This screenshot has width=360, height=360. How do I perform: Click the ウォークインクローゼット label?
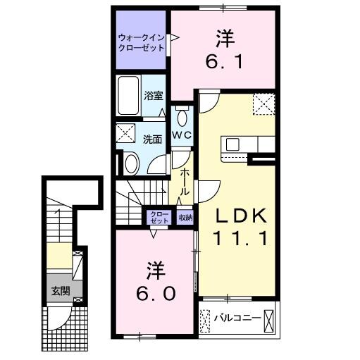141,42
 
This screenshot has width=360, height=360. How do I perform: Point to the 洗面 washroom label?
154,139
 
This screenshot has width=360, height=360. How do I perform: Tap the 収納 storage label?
185,218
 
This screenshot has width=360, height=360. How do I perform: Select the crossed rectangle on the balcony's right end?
269,319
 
